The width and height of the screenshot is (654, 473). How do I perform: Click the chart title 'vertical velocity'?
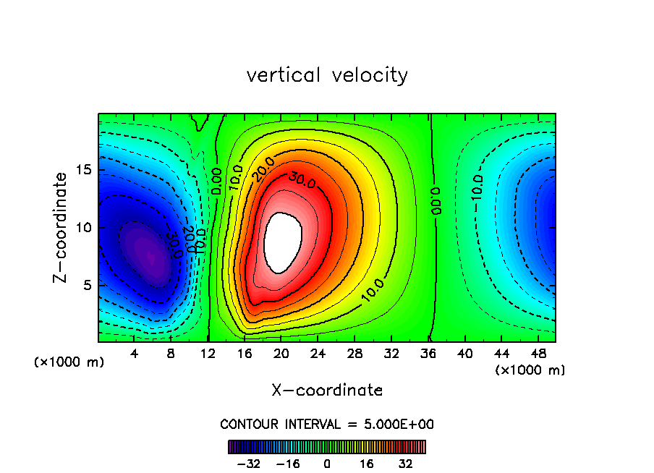click(327, 75)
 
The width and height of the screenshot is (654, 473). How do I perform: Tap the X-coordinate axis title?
click(327, 391)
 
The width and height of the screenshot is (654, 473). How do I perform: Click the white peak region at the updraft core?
click(283, 242)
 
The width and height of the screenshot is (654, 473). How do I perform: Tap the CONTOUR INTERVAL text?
click(327, 425)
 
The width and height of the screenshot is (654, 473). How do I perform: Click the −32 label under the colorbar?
click(249, 464)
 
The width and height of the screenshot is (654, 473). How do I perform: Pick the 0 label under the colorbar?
click(327, 464)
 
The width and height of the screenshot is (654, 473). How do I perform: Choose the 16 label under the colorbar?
click(366, 464)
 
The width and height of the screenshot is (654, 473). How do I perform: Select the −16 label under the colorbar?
click(288, 464)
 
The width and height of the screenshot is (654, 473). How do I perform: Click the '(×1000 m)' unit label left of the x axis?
click(69, 362)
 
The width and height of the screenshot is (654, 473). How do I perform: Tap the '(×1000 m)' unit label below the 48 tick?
click(530, 370)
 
